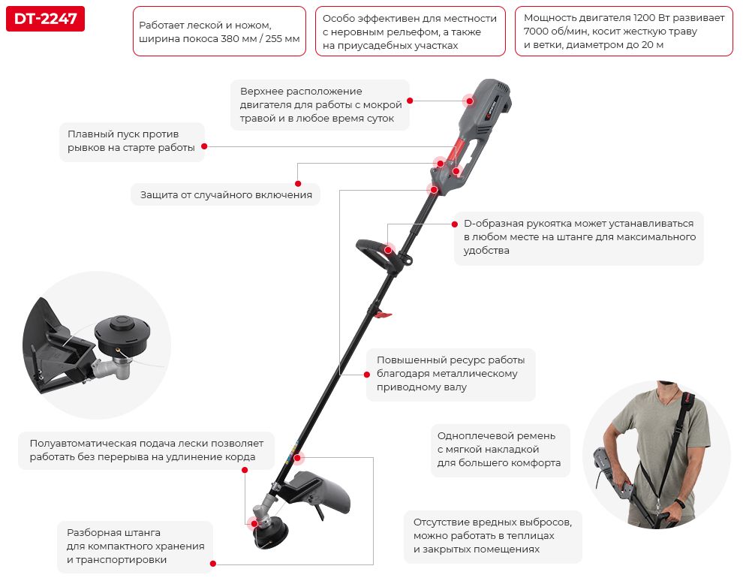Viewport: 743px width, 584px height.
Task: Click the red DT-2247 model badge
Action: [x=46, y=19]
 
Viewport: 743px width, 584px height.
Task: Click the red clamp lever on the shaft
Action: [x=383, y=315]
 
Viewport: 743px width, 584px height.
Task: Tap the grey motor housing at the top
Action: [x=481, y=111]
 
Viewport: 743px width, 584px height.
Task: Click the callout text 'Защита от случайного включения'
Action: [x=226, y=195]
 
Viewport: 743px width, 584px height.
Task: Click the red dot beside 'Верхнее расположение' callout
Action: [x=410, y=101]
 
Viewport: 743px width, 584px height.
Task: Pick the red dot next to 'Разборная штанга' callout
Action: [x=213, y=564]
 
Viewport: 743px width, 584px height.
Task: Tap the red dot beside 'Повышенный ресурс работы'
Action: [x=367, y=375]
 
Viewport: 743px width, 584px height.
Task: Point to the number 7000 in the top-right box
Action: [x=534, y=32]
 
